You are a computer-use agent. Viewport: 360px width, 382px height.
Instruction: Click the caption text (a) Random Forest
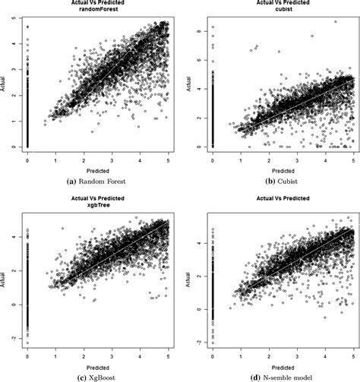coord(90,182)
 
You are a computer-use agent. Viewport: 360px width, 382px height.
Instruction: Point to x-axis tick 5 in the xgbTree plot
coord(168,349)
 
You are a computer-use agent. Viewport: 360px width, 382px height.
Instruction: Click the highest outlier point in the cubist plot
coord(336,22)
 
